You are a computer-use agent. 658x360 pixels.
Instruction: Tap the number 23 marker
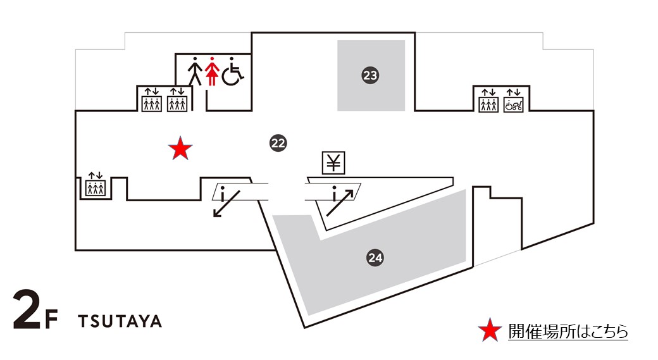click(370, 76)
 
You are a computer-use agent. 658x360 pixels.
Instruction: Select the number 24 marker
click(375, 258)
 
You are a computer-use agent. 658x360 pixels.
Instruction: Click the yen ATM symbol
click(333, 163)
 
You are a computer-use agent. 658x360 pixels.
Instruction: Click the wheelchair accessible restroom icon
click(232, 71)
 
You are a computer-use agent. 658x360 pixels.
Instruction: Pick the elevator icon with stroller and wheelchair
click(512, 101)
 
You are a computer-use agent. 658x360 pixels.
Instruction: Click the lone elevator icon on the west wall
click(95, 184)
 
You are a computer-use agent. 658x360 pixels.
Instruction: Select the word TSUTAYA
click(120, 321)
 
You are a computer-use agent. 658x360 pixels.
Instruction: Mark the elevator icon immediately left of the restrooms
click(177, 101)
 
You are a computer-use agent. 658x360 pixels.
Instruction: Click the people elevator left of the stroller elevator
click(488, 101)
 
